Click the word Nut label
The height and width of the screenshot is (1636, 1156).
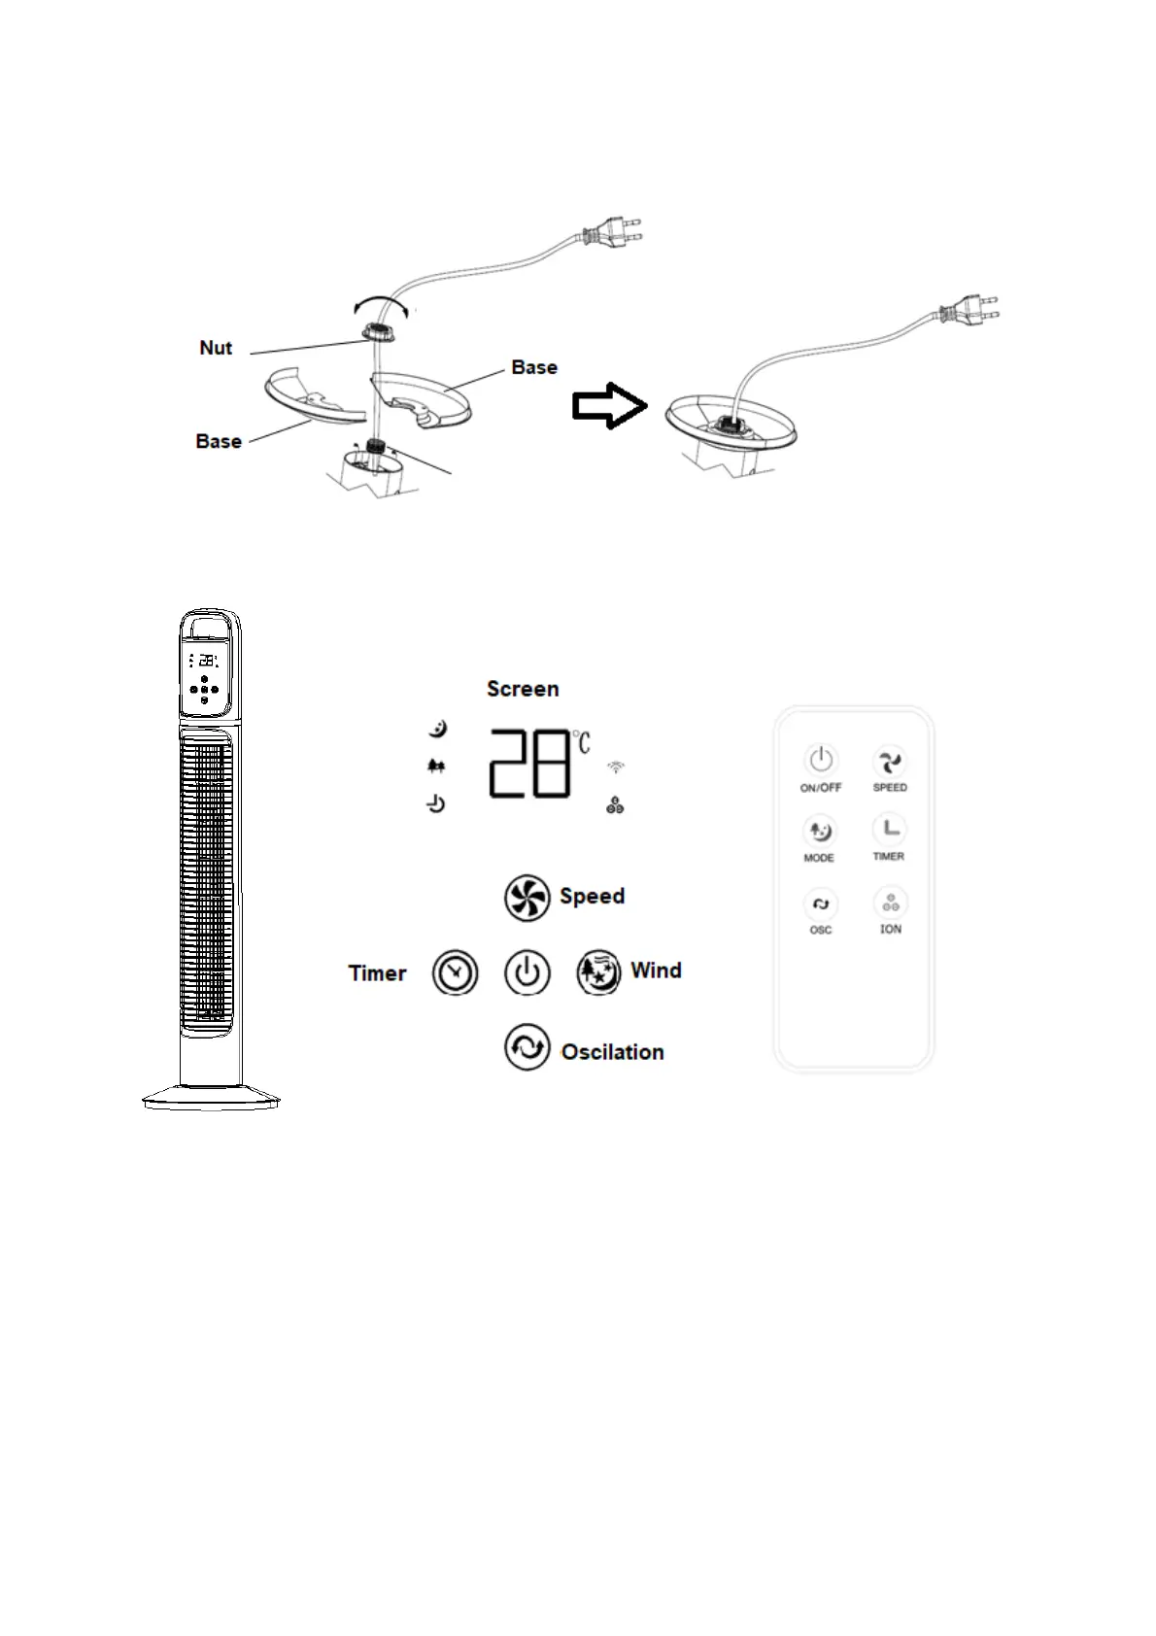216,348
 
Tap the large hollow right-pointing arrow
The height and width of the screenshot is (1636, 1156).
609,405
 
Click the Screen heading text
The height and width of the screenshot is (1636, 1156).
523,689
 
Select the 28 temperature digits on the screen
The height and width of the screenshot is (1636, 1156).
529,764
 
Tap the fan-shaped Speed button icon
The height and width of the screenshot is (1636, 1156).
527,897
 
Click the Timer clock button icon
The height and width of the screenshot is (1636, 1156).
455,972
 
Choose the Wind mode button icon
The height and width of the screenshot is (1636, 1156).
598,972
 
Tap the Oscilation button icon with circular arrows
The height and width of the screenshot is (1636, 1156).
527,1047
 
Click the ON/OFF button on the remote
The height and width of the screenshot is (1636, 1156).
821,759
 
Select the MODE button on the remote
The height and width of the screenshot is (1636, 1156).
820,831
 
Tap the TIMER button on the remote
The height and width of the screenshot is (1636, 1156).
890,829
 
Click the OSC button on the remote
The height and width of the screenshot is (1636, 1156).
821,904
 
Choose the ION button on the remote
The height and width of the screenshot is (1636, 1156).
890,903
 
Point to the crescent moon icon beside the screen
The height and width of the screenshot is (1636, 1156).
438,728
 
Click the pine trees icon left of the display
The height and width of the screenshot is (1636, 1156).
436,767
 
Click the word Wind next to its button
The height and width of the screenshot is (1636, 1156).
656,971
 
